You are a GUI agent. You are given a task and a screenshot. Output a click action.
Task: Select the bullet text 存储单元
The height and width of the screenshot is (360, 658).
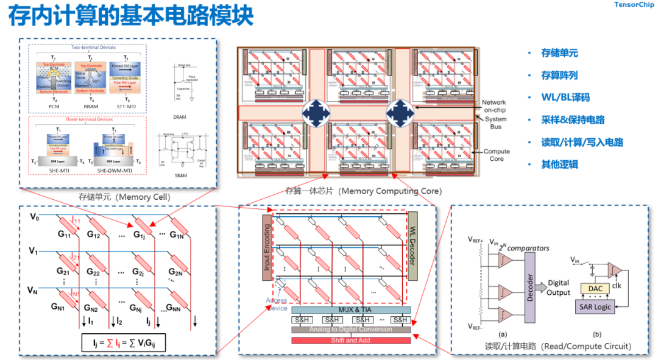coord(559,53)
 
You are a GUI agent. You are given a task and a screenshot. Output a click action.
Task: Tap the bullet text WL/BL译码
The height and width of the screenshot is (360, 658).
coord(565,97)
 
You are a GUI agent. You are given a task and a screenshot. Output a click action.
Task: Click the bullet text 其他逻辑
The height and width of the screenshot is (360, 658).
coord(559,164)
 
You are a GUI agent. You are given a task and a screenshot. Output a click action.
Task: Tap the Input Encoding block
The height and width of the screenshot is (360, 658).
coord(266,247)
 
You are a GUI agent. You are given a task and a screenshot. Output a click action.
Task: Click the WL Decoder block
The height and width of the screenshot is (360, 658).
coord(412,246)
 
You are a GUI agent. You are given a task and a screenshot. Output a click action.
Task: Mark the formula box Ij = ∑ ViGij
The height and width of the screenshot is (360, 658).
coord(124,343)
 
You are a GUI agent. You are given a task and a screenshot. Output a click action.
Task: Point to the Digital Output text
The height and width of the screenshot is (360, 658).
coord(558,288)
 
